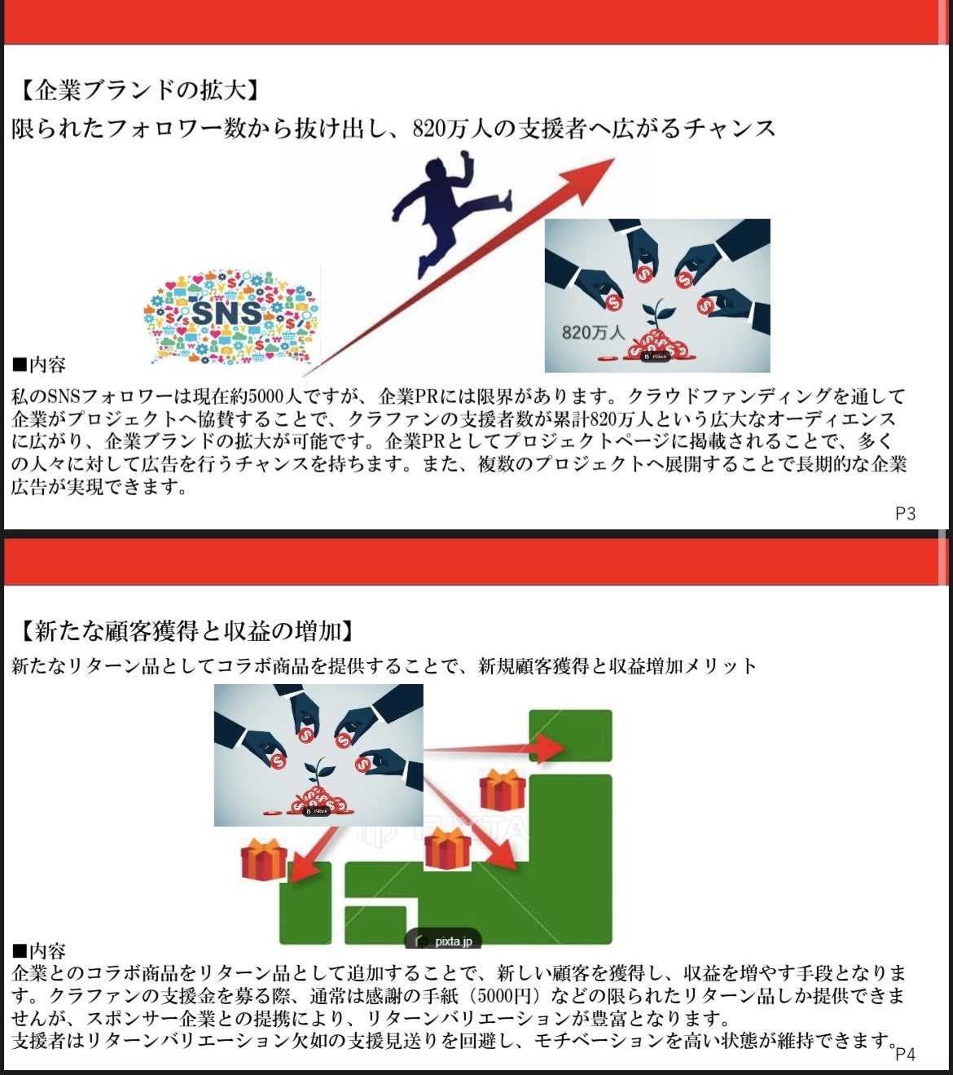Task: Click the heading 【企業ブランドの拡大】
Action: click(139, 90)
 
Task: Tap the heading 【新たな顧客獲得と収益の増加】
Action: click(185, 631)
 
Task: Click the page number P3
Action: click(905, 514)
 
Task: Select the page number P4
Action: click(905, 1054)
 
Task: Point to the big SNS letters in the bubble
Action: click(226, 313)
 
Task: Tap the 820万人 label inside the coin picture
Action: click(593, 333)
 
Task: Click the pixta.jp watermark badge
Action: click(443, 941)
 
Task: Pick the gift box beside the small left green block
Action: click(264, 859)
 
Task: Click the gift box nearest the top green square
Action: click(502, 789)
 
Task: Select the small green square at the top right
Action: click(570, 735)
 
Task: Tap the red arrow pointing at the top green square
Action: click(494, 748)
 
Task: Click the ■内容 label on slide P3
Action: click(39, 365)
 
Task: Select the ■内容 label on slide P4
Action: click(39, 950)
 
